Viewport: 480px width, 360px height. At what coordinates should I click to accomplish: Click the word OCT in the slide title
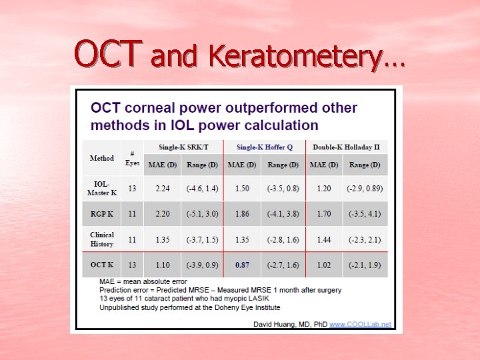coord(108,55)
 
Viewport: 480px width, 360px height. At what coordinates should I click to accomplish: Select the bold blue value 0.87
coord(242,265)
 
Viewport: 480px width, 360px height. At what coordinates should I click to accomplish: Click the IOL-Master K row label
coord(101,189)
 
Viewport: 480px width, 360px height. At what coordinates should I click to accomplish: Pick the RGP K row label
coord(101,214)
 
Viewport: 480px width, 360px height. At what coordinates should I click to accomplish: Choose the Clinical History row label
coord(101,239)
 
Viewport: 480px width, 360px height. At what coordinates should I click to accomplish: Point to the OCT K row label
coord(101,265)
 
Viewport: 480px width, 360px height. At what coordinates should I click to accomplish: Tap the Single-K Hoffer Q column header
coord(264,147)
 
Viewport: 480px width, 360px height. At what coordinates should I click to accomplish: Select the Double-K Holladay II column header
coord(346,147)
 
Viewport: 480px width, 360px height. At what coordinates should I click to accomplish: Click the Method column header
coord(101,158)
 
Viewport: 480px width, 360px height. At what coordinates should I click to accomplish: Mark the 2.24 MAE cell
coord(163,189)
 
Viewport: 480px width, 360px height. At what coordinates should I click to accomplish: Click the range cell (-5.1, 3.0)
coord(202,214)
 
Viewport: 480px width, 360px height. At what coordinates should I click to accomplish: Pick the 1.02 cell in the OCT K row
coord(324,265)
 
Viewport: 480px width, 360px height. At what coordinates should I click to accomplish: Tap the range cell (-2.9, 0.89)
coord(365,189)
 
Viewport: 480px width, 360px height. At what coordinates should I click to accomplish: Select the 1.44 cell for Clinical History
coord(324,239)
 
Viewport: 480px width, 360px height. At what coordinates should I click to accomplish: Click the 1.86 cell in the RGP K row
coord(242,214)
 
